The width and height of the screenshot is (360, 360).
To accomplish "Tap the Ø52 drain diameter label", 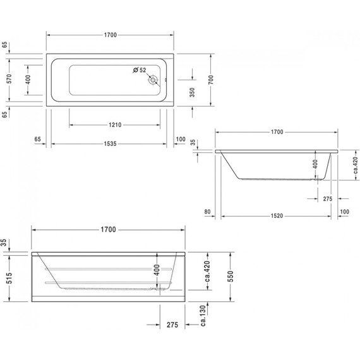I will click(140, 70).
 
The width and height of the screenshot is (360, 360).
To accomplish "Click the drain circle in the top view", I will click(153, 81).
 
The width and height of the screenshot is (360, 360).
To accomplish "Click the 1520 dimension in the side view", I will click(273, 215).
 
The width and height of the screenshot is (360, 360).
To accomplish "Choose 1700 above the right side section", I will click(276, 133).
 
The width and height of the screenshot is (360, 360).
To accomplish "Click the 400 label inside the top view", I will click(28, 80).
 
